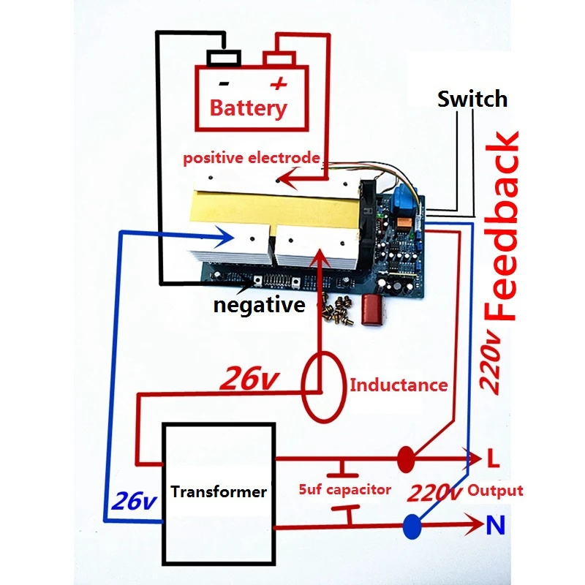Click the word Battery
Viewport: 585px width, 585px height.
248,108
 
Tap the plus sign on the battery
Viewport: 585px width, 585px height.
279,83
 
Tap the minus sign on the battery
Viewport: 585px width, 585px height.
224,83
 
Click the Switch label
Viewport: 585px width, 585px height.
472,99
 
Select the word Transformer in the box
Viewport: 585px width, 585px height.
219,491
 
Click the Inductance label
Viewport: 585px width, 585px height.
399,385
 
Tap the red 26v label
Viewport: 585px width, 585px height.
249,378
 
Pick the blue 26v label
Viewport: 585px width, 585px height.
135,501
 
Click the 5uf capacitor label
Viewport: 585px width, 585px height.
344,489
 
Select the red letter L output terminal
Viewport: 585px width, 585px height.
493,458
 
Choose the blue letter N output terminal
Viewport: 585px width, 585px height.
496,524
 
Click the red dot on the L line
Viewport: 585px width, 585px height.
406,459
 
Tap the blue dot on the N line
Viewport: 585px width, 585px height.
412,526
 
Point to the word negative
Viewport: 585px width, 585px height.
260,305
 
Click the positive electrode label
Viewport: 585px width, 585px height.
252,158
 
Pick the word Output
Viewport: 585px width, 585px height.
495,491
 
